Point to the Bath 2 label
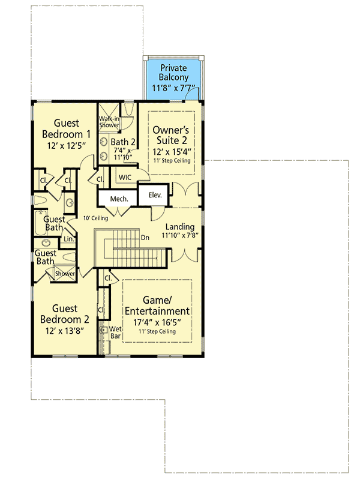[x=123, y=142]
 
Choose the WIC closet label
[x=125, y=177]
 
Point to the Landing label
[x=180, y=226]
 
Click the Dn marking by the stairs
[x=145, y=237]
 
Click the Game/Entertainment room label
[x=157, y=305]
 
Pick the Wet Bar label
[x=115, y=333]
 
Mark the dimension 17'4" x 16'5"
[x=157, y=323]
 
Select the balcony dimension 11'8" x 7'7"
[x=173, y=89]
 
